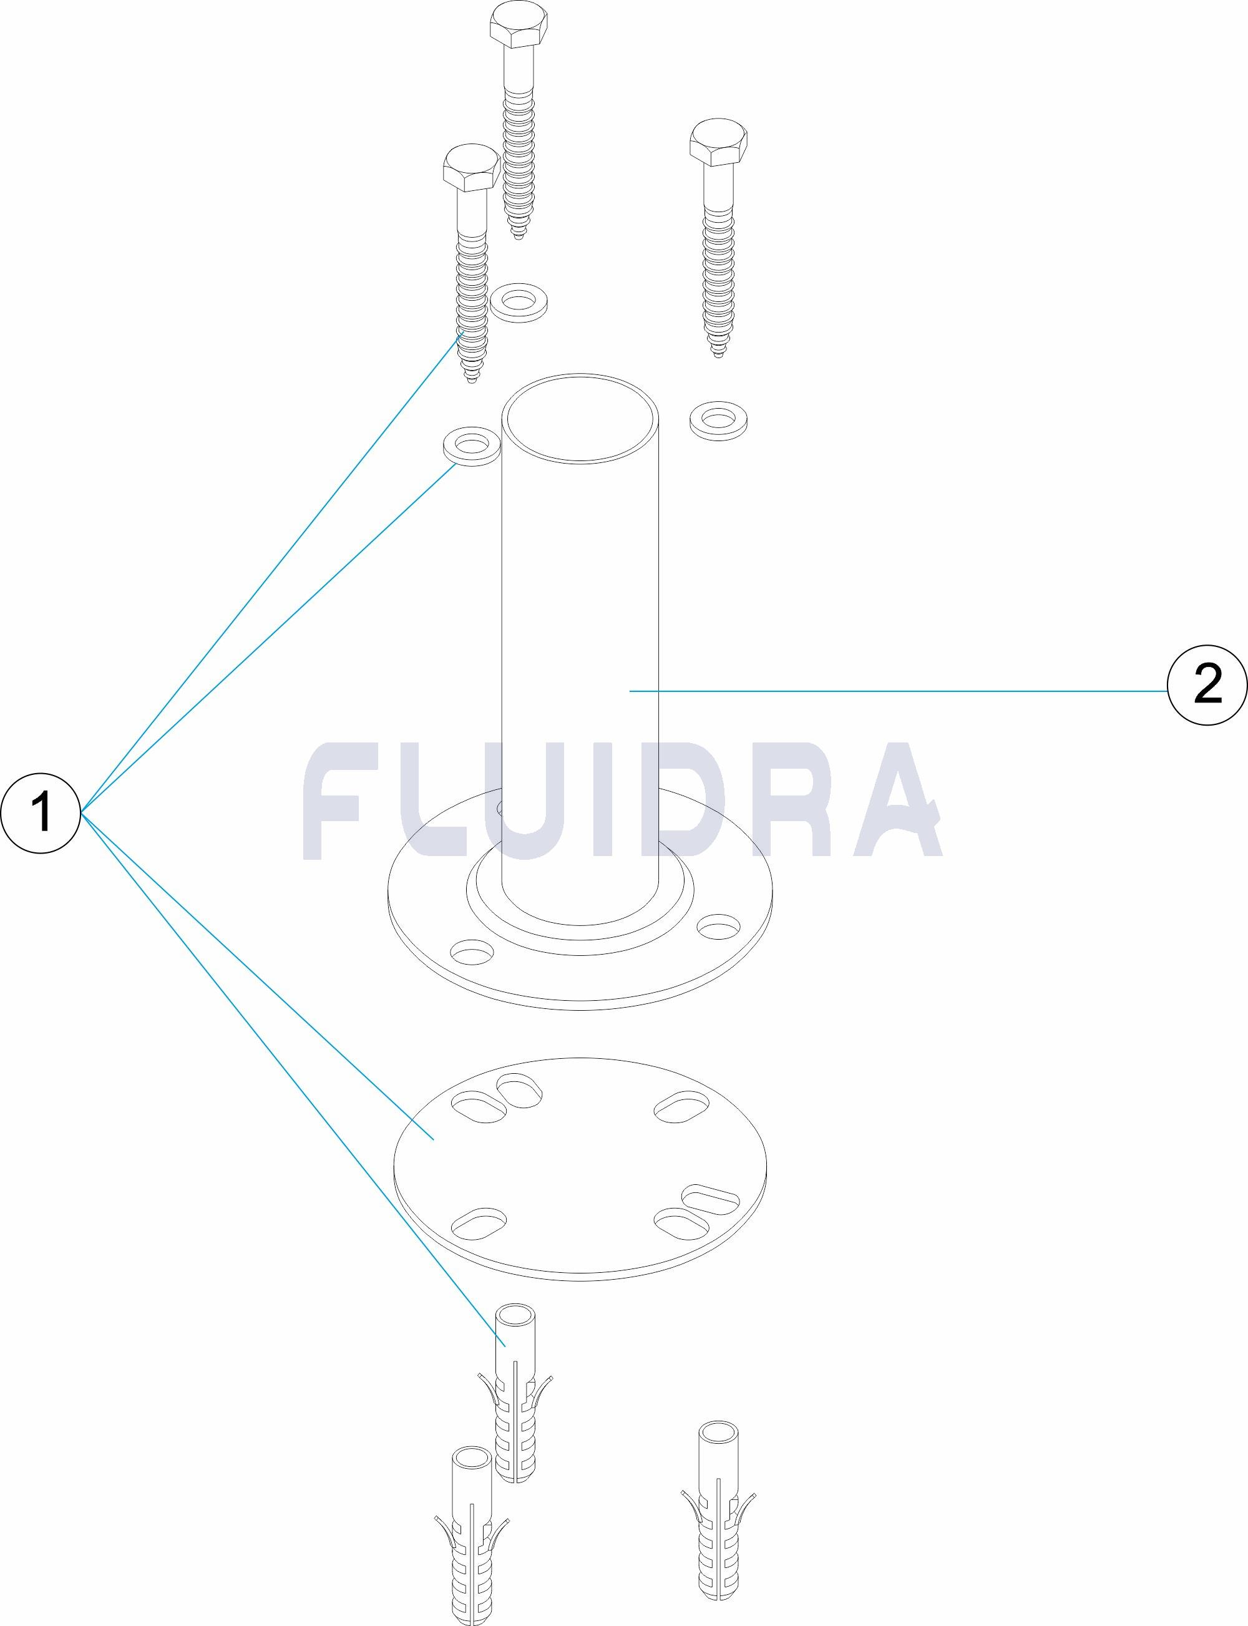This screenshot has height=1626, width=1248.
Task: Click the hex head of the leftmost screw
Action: [470, 168]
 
